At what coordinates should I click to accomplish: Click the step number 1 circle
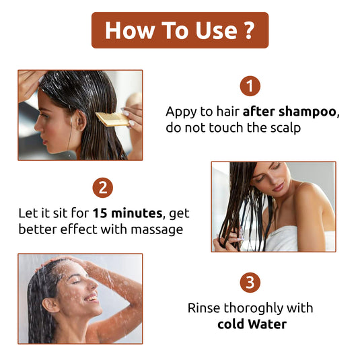tap(250, 86)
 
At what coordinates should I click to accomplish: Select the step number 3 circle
tap(250, 283)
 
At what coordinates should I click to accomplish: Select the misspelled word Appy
tap(182, 111)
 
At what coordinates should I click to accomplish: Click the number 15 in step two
tap(100, 214)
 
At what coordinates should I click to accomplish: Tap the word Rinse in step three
tap(203, 308)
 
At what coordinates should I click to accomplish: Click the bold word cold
tap(231, 324)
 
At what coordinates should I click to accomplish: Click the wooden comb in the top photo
tap(112, 120)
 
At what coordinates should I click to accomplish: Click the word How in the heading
tap(128, 30)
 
